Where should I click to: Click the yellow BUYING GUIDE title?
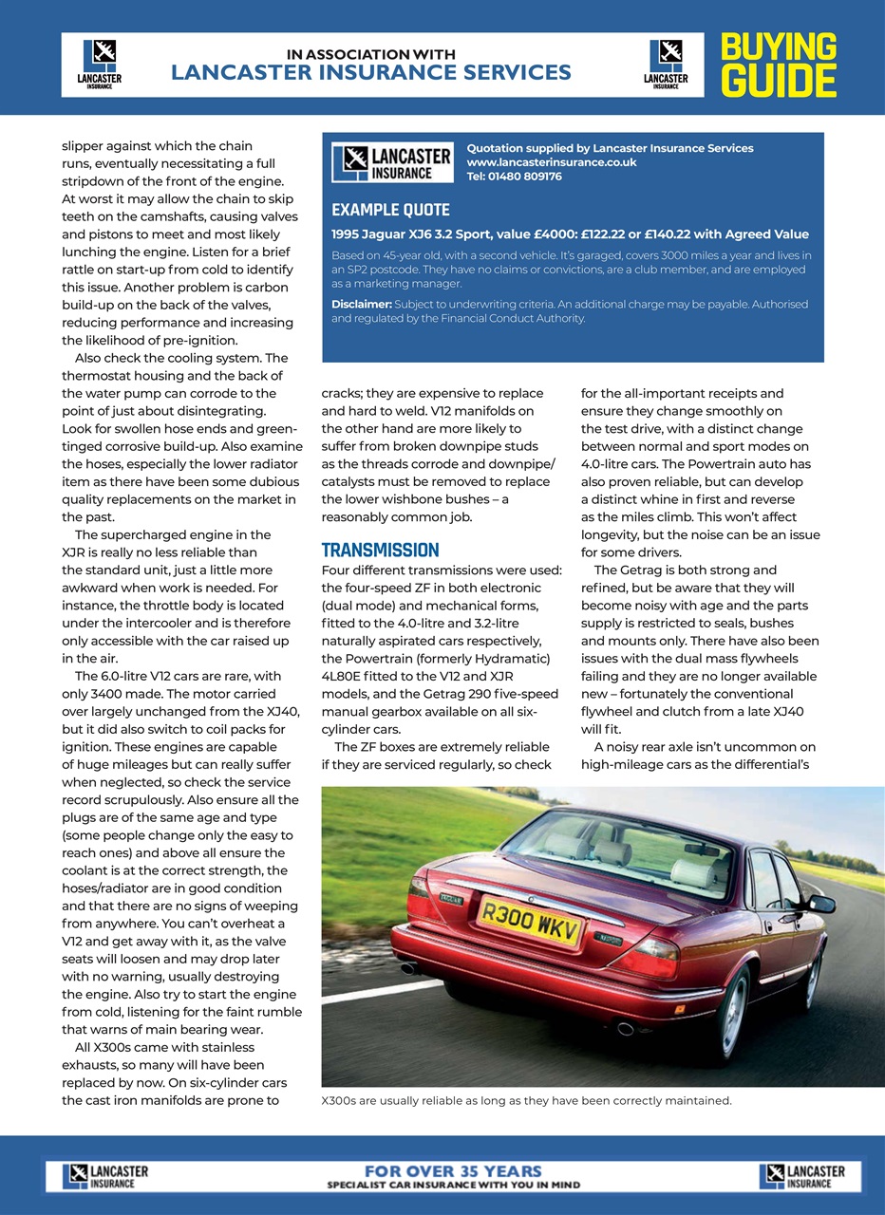(778, 65)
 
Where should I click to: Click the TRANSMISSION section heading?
(380, 550)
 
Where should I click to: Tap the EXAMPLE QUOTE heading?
(390, 210)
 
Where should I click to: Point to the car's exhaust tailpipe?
(624, 1028)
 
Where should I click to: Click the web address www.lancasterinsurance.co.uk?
(551, 162)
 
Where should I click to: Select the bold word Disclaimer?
(361, 304)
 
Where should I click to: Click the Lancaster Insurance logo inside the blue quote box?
(392, 163)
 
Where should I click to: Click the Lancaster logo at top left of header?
(99, 65)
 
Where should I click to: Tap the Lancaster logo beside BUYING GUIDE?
(666, 65)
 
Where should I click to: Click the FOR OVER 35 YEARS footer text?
(453, 1171)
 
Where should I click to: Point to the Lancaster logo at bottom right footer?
(801, 1176)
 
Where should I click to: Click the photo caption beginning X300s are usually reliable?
(527, 1101)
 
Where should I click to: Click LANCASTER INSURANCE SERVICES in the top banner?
(371, 72)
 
